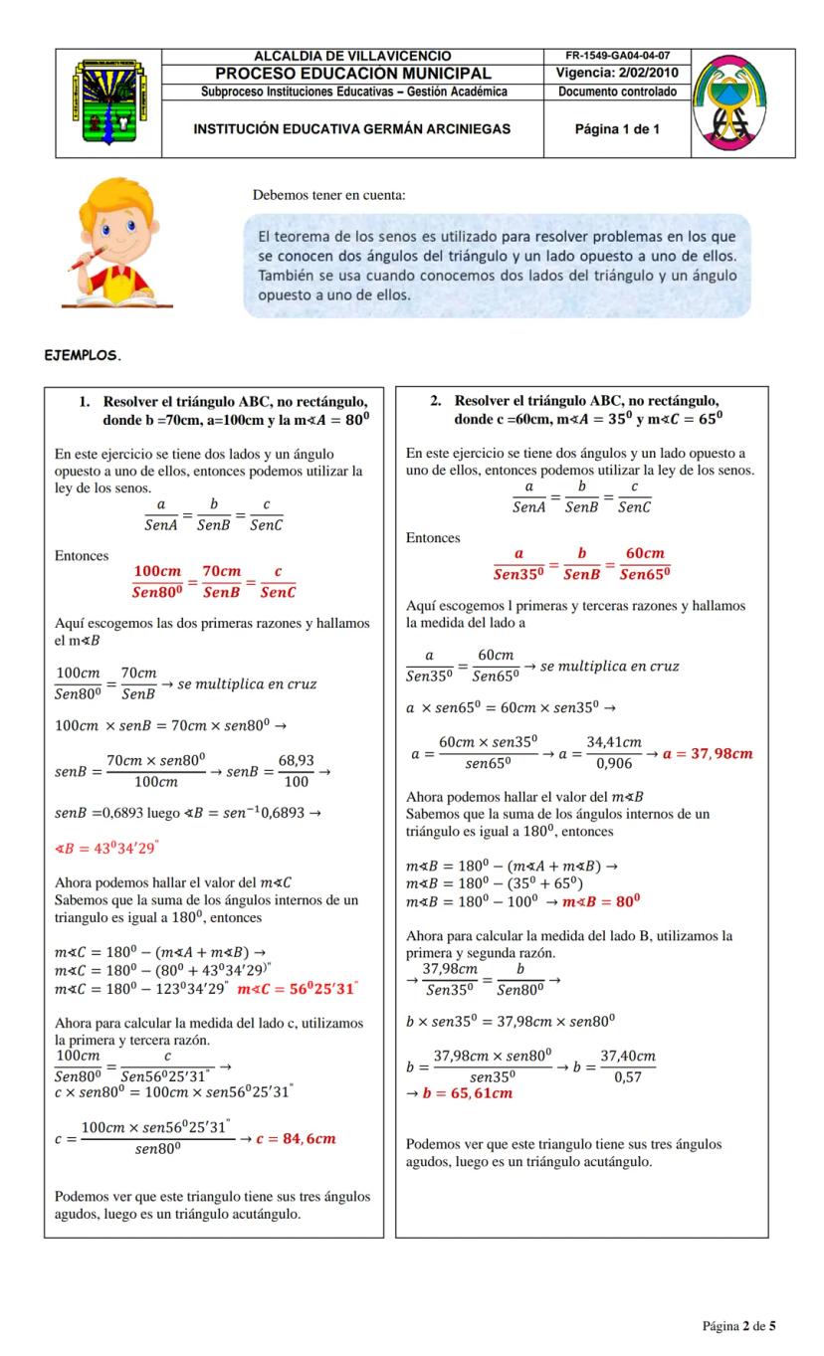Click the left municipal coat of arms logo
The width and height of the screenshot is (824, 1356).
pos(107,102)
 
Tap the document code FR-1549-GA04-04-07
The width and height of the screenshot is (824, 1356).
pos(617,56)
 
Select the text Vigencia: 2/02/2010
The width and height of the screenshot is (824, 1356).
pos(617,74)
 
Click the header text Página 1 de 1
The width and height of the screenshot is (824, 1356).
pos(617,129)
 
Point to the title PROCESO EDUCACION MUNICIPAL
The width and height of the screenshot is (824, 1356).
pos(353,74)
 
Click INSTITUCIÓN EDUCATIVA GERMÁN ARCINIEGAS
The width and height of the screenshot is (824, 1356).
pos(351,129)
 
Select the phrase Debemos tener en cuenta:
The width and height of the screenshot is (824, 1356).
pos(328,195)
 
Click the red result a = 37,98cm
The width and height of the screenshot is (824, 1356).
pos(712,753)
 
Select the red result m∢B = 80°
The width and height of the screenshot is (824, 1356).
pos(600,901)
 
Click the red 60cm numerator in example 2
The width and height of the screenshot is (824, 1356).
pos(644,554)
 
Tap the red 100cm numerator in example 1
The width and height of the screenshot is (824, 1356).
pos(158,571)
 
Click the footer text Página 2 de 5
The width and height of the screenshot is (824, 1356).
pos(738,1325)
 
